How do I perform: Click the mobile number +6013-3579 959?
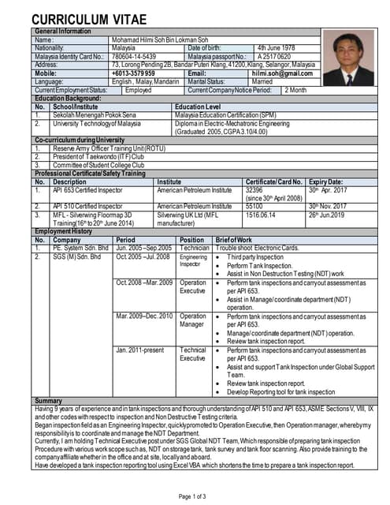133,73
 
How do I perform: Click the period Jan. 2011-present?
139,350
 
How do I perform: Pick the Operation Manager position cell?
193,320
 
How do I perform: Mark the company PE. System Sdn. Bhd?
80,248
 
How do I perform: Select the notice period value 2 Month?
295,90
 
